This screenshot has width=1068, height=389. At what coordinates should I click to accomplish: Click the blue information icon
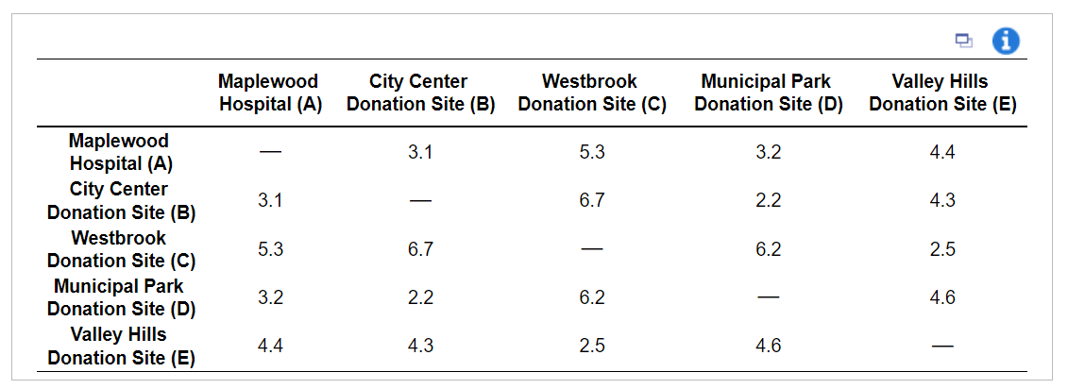(1006, 41)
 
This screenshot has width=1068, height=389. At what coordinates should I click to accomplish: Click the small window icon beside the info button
(963, 41)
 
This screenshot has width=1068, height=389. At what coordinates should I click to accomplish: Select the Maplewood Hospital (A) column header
(270, 93)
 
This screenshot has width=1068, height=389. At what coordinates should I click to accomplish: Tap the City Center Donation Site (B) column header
(420, 93)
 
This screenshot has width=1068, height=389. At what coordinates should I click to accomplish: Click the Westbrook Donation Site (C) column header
(591, 93)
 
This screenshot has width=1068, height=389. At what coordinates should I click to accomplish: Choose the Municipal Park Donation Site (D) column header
(768, 93)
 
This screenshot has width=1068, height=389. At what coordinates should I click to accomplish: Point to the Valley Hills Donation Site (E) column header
(941, 93)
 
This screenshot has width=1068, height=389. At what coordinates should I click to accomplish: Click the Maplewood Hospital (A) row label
(120, 152)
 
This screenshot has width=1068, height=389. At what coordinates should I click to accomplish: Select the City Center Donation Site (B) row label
(121, 200)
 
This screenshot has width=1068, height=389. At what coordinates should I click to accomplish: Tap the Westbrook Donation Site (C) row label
(121, 249)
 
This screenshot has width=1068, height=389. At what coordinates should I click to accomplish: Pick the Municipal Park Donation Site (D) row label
(121, 297)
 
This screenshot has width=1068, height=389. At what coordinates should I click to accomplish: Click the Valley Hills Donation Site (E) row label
(121, 346)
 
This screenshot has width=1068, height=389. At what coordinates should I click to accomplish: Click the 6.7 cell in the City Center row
(592, 200)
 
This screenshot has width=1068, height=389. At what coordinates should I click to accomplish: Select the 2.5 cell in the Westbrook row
(942, 249)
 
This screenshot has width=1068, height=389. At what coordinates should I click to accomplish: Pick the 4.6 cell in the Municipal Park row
(942, 297)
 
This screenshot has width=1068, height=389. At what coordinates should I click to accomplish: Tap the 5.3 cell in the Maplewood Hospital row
(592, 152)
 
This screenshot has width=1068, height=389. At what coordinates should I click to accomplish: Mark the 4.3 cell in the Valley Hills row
(420, 346)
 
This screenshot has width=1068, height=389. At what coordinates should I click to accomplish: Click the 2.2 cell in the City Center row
(769, 200)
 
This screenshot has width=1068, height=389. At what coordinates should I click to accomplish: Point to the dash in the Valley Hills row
(942, 347)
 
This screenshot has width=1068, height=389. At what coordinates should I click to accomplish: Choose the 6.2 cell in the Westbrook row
(769, 249)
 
